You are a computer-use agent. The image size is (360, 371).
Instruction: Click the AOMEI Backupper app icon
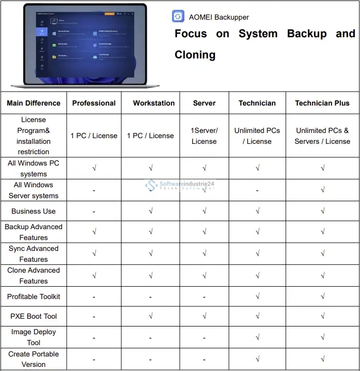click(x=178, y=17)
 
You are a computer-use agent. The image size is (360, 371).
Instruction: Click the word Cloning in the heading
click(x=195, y=55)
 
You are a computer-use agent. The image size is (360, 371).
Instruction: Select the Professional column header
click(x=94, y=103)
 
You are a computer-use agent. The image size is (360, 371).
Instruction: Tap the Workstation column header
click(x=154, y=103)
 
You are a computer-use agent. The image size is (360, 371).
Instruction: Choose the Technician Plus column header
click(x=322, y=103)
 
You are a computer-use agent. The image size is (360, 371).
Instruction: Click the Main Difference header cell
click(x=34, y=103)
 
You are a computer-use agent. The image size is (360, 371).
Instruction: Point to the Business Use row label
click(x=34, y=211)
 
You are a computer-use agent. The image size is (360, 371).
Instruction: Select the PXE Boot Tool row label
click(x=34, y=316)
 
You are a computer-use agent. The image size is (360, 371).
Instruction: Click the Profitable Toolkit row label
click(x=34, y=296)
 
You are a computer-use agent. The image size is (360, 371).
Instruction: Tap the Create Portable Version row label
click(x=34, y=359)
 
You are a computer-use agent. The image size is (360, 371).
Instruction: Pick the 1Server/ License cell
click(x=205, y=136)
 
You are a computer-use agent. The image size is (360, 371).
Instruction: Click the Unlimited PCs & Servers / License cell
click(x=322, y=136)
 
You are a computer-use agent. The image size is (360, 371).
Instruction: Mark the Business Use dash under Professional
click(x=94, y=212)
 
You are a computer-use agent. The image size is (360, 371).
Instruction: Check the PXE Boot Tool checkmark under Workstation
click(x=150, y=316)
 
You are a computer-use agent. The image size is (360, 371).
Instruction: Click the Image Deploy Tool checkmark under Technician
click(x=257, y=337)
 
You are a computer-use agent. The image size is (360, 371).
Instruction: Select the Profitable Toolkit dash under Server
click(x=205, y=297)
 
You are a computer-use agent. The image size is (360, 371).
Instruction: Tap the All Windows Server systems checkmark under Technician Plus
click(x=322, y=190)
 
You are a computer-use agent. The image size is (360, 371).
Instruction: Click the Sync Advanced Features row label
click(x=34, y=254)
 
